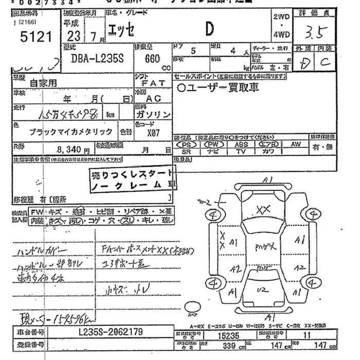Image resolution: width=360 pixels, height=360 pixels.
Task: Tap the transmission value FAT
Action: click(152, 83)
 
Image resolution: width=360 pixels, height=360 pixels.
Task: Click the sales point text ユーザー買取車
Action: click(219, 88)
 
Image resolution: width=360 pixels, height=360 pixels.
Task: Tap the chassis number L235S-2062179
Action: click(111, 332)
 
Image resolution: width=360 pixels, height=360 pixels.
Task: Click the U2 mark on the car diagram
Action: click(263, 290)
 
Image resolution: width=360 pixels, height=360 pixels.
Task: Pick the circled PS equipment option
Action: click(187, 145)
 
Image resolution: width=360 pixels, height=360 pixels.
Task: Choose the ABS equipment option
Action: click(241, 145)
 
